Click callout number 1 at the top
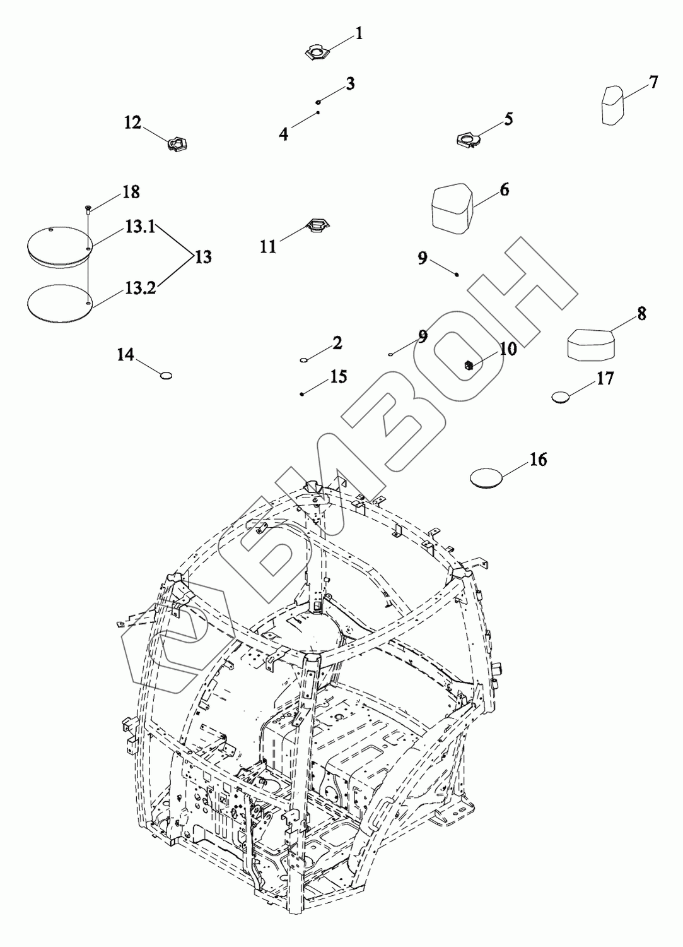coord(359,33)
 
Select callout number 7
coord(653,82)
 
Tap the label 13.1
coord(139,228)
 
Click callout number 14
coord(126,355)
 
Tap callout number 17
coord(605,379)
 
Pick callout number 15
coord(338,377)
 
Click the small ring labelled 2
coord(304,360)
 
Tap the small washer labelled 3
coord(320,102)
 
